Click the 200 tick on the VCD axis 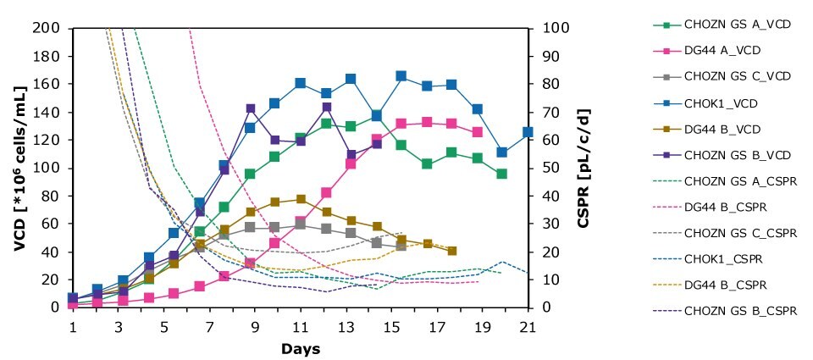[x=47, y=28]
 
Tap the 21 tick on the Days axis [x=527, y=326]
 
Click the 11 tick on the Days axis [x=300, y=326]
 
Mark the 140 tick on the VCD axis [x=47, y=112]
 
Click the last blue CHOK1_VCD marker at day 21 [x=528, y=132]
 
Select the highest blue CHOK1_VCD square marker [x=401, y=76]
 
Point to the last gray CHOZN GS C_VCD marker [x=401, y=246]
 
